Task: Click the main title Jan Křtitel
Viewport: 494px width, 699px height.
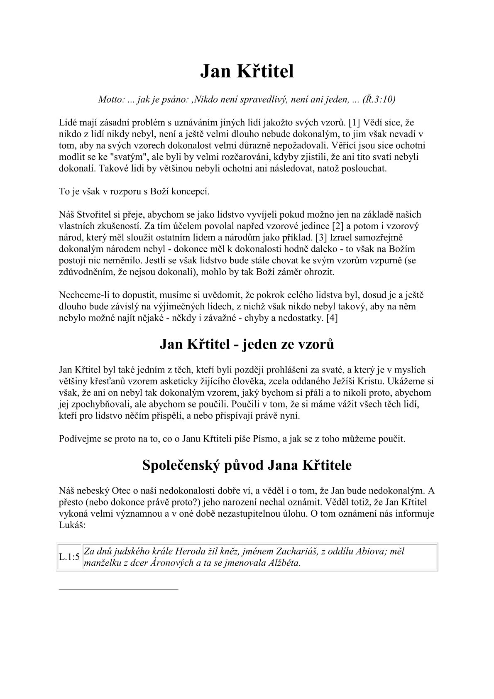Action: (x=247, y=71)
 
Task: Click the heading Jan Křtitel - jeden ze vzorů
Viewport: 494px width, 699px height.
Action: (x=247, y=345)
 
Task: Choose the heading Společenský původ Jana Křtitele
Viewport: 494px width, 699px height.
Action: (x=247, y=465)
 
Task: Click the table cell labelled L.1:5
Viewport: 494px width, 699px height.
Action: (x=69, y=557)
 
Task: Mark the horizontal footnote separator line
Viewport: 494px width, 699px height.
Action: (x=119, y=589)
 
